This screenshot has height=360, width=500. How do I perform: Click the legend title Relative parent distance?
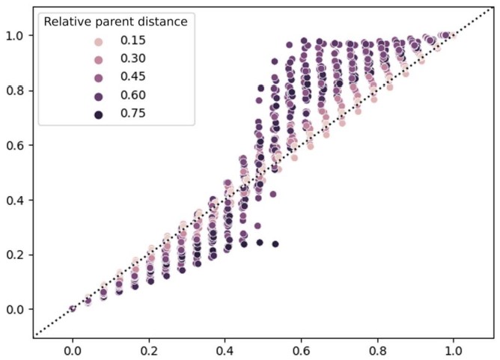tap(115, 22)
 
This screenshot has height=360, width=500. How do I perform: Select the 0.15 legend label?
tap(134, 40)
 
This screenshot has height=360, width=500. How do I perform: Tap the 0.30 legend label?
tap(134, 58)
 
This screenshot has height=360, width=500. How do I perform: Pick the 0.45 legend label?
tap(134, 77)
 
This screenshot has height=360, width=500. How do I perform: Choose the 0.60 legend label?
tap(134, 95)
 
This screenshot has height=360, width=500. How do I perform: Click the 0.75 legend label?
tap(134, 114)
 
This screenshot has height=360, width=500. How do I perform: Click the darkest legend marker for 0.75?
tap(98, 114)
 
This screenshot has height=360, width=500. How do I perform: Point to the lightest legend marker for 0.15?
tap(98, 40)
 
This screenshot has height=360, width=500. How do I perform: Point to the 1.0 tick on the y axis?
tap(16, 35)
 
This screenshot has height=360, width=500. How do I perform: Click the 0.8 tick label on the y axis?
tap(16, 90)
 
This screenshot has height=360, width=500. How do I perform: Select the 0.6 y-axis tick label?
tap(16, 144)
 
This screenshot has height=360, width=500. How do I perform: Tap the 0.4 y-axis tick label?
tap(16, 200)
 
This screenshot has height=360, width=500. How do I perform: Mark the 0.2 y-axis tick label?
tap(16, 254)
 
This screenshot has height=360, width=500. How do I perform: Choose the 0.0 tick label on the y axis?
tap(16, 309)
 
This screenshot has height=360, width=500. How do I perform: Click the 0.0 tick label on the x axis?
tap(73, 350)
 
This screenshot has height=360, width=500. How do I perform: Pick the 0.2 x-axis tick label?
tap(149, 350)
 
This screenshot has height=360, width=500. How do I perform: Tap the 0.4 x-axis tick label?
tap(225, 350)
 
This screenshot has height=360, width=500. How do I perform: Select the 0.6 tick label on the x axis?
tap(302, 350)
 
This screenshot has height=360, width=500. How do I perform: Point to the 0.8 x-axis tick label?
tap(378, 350)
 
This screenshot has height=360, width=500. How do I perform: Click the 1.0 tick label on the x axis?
tap(454, 350)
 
